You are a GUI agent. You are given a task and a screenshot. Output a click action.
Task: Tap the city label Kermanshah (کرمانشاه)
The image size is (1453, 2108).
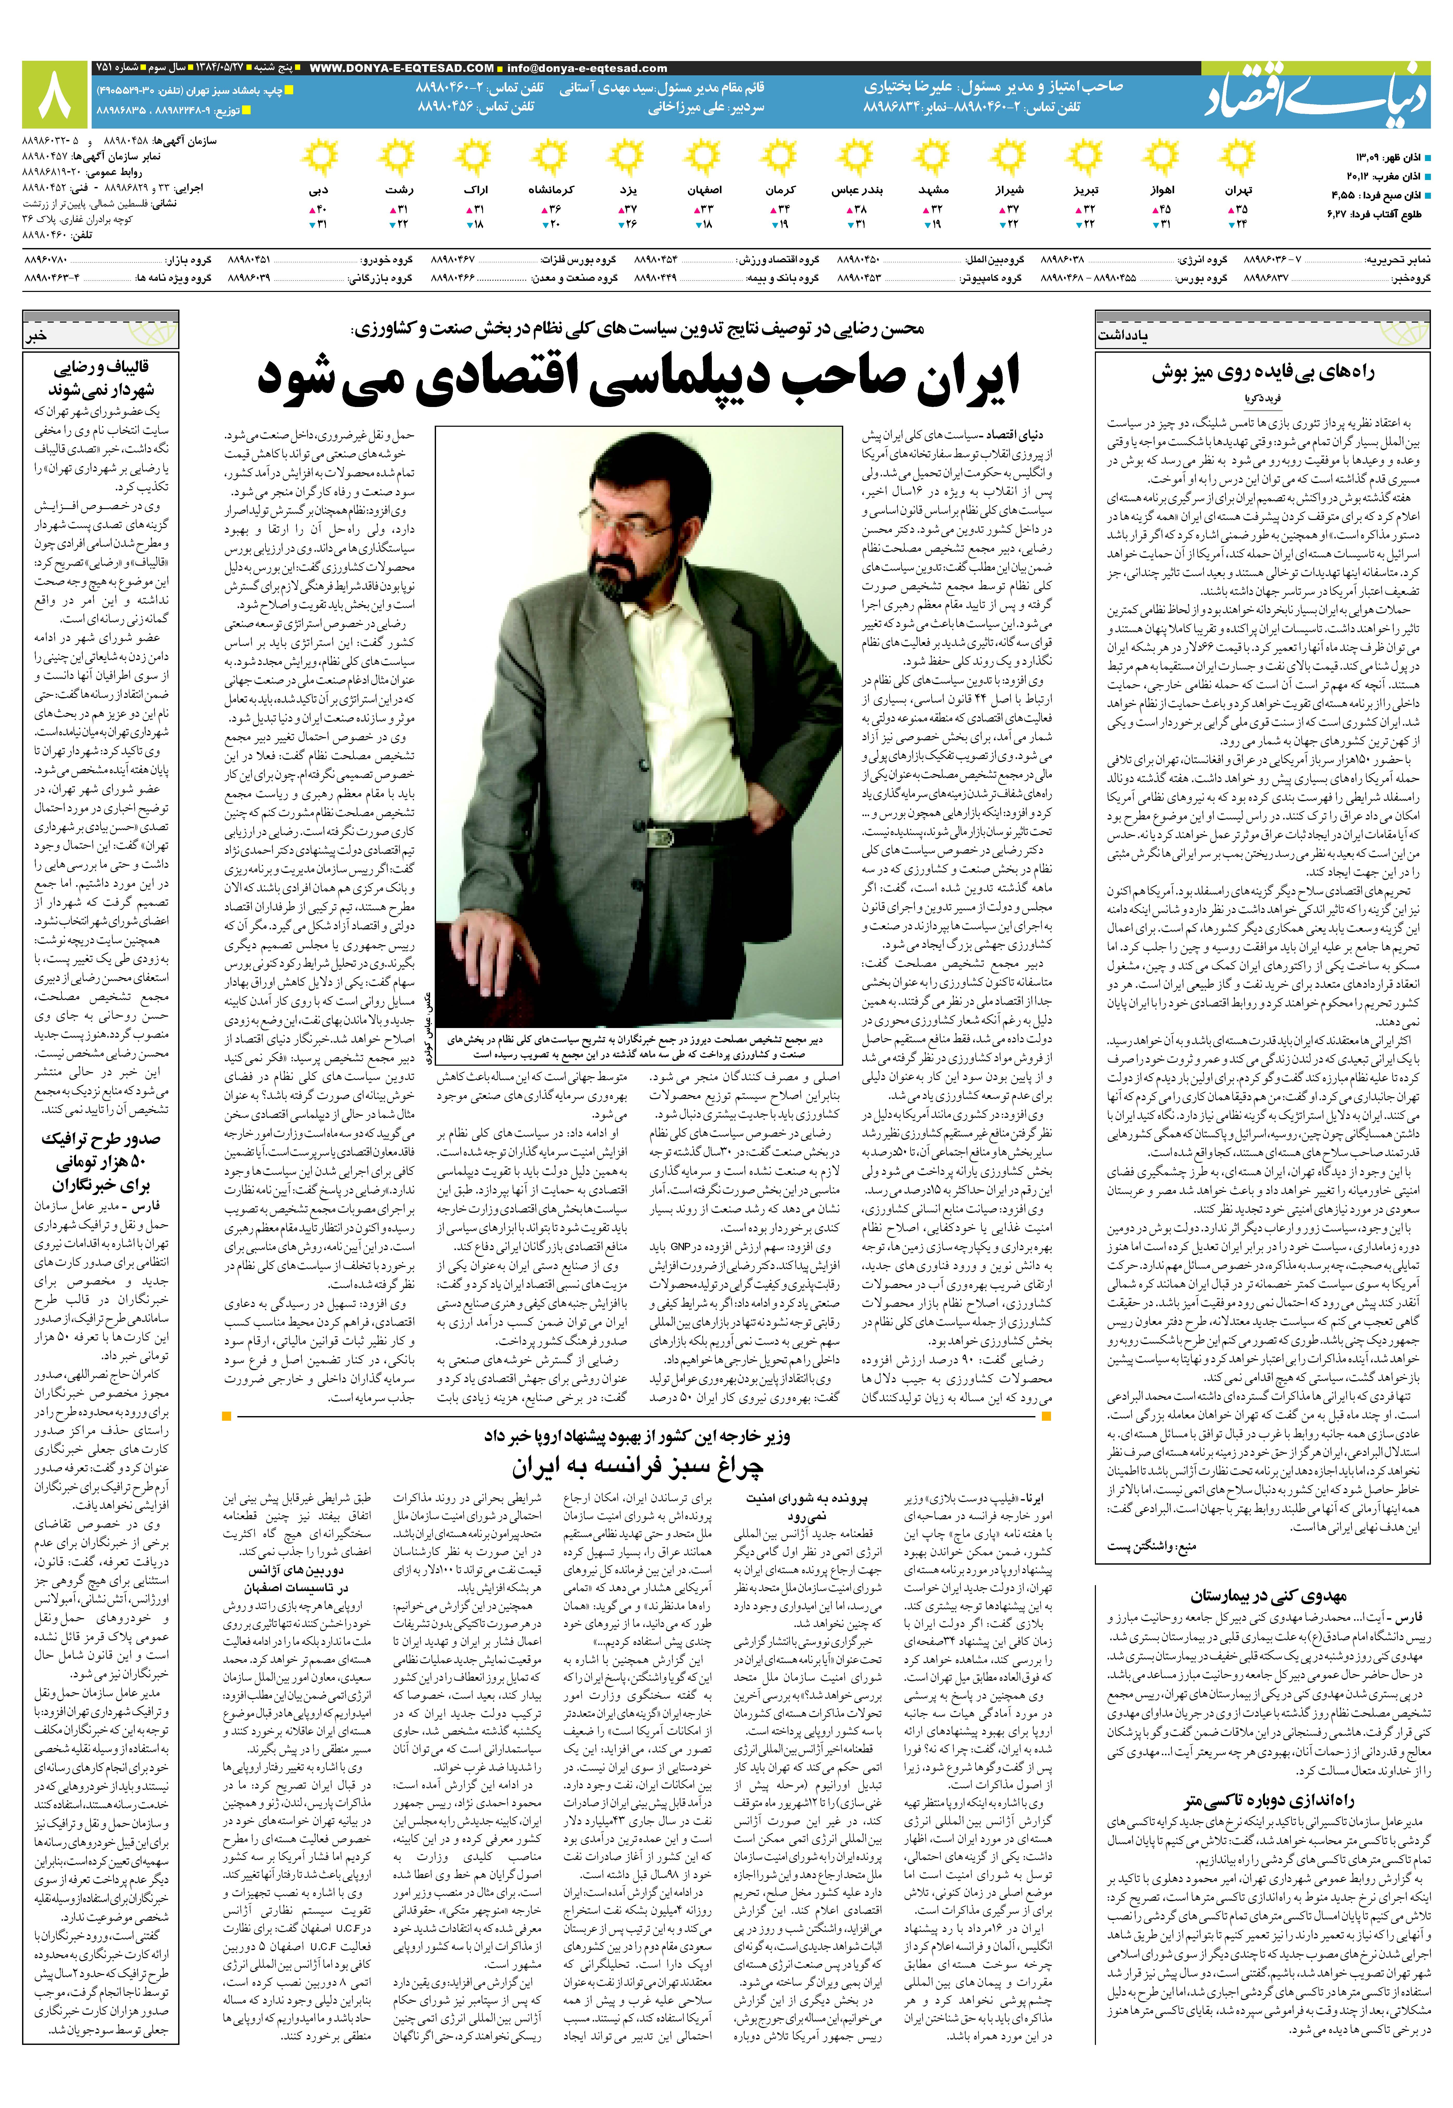(x=551, y=190)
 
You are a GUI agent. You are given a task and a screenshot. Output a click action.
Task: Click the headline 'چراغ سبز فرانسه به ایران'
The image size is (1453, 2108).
(x=637, y=1467)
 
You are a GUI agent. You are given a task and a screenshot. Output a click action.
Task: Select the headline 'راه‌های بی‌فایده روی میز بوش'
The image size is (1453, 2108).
(x=1263, y=372)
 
